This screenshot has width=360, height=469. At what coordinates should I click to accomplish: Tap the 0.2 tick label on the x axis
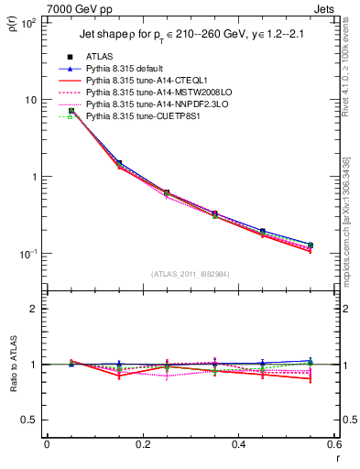pyautogui.click(x=142, y=446)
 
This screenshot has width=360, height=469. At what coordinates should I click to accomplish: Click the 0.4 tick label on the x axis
pyautogui.click(x=238, y=446)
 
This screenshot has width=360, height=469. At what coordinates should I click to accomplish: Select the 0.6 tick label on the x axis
pyautogui.click(x=333, y=446)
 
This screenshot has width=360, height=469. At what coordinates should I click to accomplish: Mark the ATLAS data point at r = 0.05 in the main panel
pyautogui.click(x=71, y=111)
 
